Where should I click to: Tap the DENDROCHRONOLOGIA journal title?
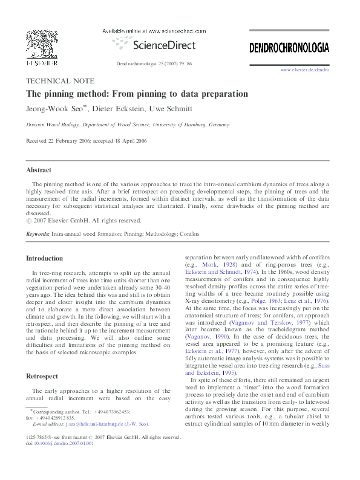[289, 47]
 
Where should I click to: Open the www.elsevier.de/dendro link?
[304, 71]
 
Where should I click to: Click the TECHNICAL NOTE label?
[59, 81]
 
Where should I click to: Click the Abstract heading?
[38, 170]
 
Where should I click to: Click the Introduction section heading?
[44, 258]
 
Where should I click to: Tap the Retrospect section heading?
[42, 375]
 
